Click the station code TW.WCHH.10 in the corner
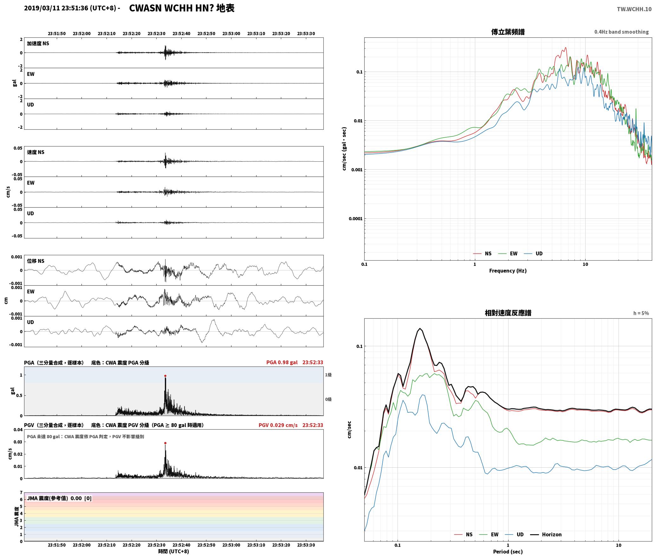pos(634,9)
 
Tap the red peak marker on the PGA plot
pos(165,376)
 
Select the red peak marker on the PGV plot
pos(165,443)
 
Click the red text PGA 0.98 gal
pos(282,362)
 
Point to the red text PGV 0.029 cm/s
pos(278,425)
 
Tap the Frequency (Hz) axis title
pos(508,271)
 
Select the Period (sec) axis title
pos(508,552)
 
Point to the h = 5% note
pos(641,313)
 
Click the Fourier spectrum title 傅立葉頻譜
pos(508,32)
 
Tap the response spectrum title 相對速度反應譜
pos(508,313)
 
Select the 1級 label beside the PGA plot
pos(328,375)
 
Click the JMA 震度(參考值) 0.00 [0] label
pos(59,498)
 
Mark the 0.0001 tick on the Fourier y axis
pos(355,219)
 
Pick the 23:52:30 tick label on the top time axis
pos(156,34)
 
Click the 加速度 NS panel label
pos(38,43)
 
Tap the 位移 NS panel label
pos(36,261)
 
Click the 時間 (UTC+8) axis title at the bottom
pos(174,551)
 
